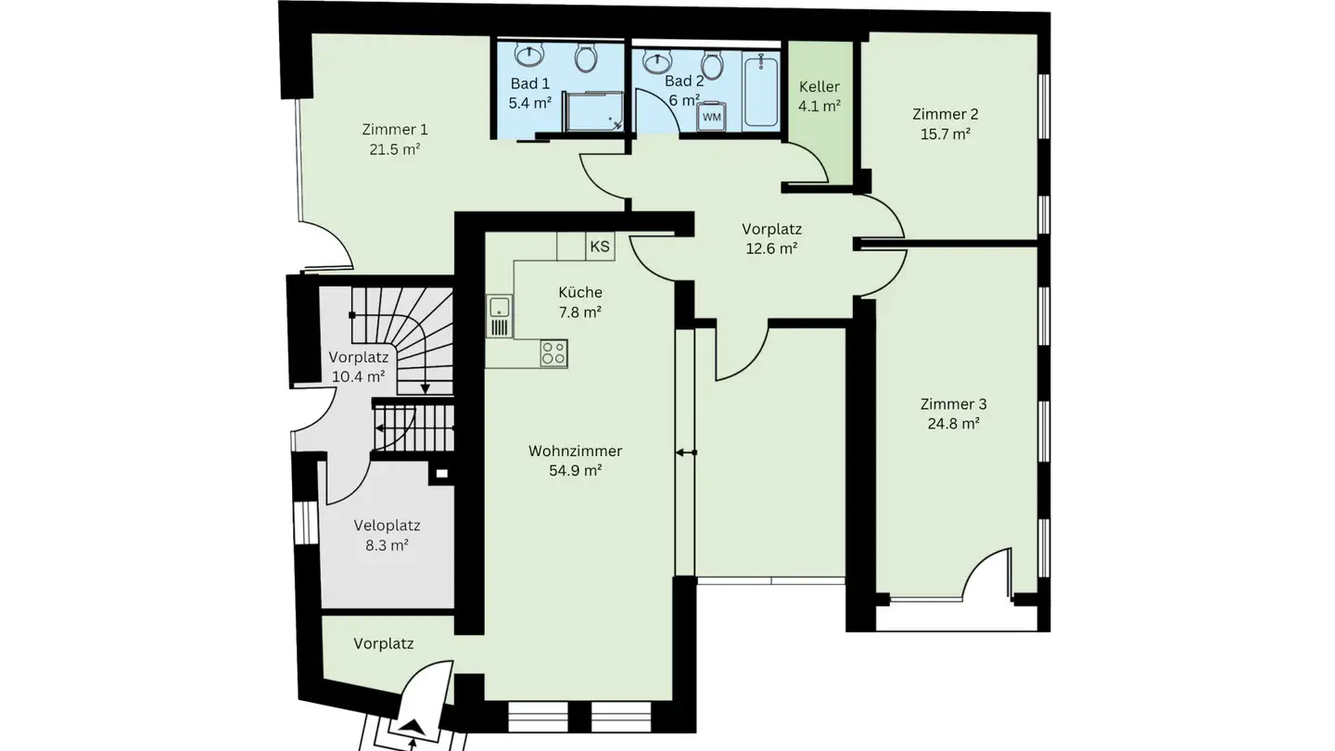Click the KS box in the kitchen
coord(600,247)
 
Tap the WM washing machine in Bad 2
coord(711,117)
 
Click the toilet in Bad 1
coord(586,58)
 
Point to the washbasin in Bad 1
coord(529,56)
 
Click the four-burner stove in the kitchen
coord(553,353)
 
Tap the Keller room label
coord(820,86)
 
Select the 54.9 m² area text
coord(575,470)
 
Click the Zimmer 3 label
coord(953,404)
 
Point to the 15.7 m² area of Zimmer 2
coord(945,134)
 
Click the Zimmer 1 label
coord(395,129)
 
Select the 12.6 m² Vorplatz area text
coord(771,248)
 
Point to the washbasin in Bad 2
coord(657,61)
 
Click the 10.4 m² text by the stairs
coord(357,376)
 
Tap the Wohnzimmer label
coord(575,452)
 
